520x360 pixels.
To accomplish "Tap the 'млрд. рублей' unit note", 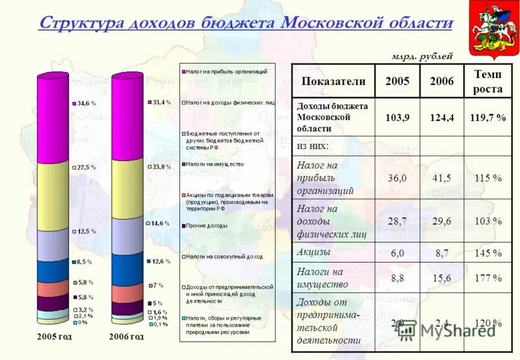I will (x=422, y=56).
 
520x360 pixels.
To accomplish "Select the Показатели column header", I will (x=333, y=82).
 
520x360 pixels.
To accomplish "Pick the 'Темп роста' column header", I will (x=487, y=82).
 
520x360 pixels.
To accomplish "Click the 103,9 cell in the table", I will (x=397, y=118).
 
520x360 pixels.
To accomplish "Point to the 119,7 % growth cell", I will (x=487, y=118).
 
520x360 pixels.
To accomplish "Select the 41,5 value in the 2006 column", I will (x=442, y=177).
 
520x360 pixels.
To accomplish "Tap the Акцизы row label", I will (x=313, y=251).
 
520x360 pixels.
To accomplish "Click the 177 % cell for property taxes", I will (x=487, y=277).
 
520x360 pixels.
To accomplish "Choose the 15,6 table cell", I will (x=442, y=277).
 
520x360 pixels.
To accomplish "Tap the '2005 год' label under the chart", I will (x=54, y=337).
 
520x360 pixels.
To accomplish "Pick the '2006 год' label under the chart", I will (x=127, y=337).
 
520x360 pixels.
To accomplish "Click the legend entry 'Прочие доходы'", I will (x=207, y=226).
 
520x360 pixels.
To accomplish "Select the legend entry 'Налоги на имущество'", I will (x=215, y=164).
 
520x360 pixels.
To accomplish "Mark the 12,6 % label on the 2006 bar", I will (x=161, y=261).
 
